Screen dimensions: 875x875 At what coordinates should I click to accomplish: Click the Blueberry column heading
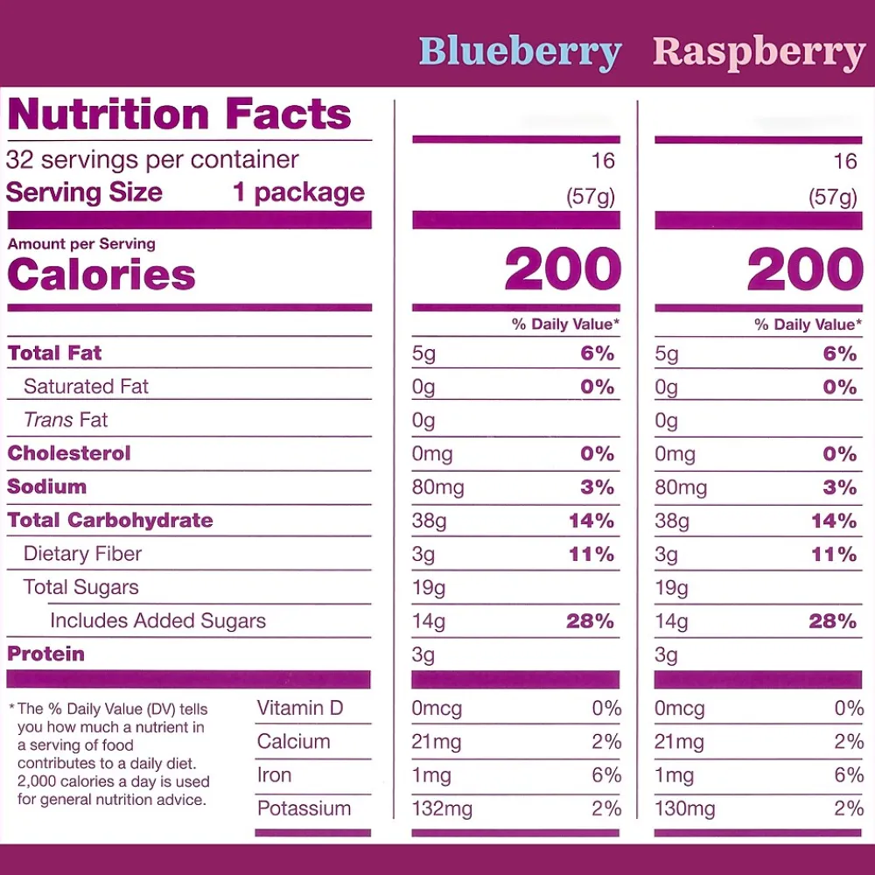[520, 52]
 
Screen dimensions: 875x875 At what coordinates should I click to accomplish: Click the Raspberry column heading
[759, 52]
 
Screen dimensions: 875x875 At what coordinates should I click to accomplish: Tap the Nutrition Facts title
[179, 115]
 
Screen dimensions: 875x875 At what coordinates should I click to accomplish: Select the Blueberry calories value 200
[563, 269]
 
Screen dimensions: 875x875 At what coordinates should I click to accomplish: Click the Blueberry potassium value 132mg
[442, 809]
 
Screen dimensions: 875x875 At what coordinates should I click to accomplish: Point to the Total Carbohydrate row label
[110, 521]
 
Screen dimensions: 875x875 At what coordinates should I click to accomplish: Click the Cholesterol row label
[69, 453]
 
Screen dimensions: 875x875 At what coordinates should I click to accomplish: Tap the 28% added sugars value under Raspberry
[833, 621]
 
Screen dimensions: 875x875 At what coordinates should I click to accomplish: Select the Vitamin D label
[300, 708]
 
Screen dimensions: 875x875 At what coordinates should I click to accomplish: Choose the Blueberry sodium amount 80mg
[437, 487]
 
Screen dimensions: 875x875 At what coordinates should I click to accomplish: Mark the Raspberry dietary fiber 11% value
[833, 555]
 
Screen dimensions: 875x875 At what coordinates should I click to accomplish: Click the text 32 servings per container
[152, 160]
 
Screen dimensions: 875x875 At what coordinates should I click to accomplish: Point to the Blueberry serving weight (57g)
[591, 197]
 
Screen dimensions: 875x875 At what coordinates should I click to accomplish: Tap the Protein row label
[46, 654]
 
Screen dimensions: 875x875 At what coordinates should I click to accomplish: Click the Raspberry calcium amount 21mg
[679, 742]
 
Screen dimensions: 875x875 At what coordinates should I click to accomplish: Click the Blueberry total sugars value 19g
[429, 588]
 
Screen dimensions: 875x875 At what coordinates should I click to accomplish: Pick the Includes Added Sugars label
[157, 621]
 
